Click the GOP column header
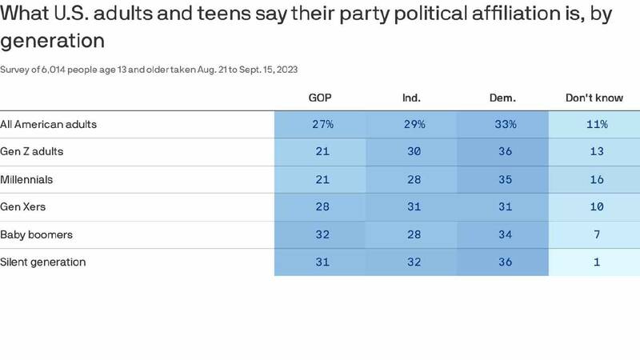coord(320,98)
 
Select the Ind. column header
coord(411,98)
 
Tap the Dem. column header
coord(502,98)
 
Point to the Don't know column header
coord(594,98)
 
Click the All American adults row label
coord(49,125)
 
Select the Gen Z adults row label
coord(32,152)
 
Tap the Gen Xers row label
coord(23,207)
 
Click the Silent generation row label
coord(43,262)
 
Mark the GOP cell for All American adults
coord(320,125)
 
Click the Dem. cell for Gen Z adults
coord(502,152)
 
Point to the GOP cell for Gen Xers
coord(320,207)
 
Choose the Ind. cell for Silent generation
coord(411,262)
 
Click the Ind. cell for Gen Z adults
coord(411,152)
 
